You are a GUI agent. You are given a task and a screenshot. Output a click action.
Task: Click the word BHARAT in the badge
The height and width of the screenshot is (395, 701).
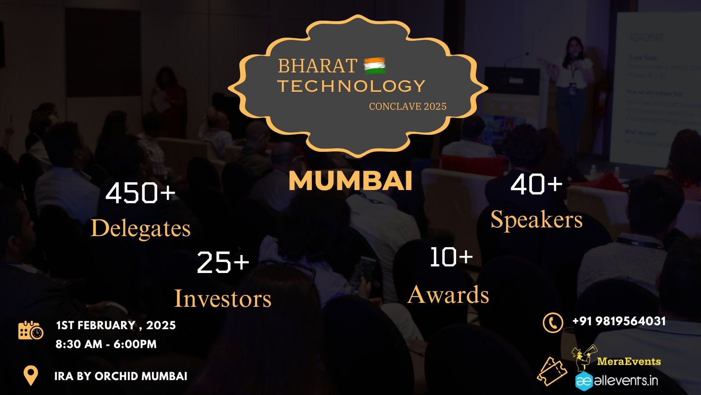317,66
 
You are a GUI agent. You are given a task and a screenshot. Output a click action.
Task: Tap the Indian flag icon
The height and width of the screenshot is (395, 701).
375,66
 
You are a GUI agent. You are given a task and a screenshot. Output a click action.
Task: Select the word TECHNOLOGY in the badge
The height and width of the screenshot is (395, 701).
351,86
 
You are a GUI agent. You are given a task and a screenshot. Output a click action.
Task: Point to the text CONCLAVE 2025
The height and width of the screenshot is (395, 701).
407,107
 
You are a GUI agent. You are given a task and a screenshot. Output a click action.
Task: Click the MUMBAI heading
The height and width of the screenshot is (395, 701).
350,181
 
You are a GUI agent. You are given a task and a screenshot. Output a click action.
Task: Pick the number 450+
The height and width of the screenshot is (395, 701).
140,193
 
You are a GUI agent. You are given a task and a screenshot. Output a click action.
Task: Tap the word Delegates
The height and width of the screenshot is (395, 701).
141,228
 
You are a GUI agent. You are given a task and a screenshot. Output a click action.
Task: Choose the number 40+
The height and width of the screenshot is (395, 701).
536,183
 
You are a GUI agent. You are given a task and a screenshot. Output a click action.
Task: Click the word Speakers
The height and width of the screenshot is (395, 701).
536,219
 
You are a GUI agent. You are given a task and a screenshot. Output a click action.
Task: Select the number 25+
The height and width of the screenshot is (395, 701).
223,262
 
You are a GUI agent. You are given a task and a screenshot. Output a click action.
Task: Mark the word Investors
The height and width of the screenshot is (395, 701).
223,298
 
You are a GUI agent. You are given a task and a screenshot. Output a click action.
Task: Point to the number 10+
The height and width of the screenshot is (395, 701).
451,257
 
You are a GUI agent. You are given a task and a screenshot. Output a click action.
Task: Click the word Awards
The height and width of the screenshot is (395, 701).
448,294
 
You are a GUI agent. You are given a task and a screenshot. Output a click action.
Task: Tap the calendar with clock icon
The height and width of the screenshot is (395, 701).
31,330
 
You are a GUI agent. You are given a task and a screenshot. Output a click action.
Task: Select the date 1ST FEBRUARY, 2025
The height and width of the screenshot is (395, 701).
116,325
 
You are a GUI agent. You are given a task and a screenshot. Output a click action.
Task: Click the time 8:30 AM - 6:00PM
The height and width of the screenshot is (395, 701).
106,344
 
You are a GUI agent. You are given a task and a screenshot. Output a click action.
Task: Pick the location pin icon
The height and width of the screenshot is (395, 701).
31,375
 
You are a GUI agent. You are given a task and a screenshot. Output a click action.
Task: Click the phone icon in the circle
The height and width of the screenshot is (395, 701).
553,323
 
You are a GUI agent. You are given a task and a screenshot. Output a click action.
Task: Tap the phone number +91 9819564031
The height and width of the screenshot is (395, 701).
619,321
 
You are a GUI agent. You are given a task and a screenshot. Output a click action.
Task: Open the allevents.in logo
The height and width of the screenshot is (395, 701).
616,381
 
